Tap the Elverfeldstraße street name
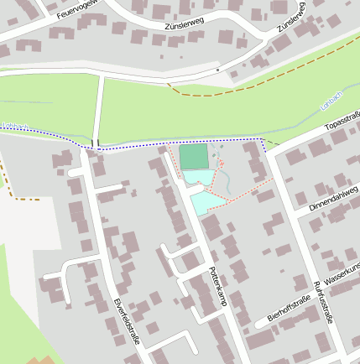pyautogui.click(x=127, y=322)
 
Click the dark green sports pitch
pyautogui.click(x=193, y=156)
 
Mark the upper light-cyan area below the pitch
pyautogui.click(x=198, y=177)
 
